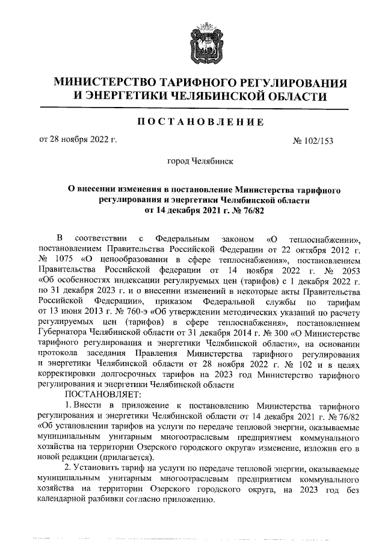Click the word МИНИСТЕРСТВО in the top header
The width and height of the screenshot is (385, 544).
pos(106,82)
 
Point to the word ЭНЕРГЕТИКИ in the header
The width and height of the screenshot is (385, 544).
pos(123,96)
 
